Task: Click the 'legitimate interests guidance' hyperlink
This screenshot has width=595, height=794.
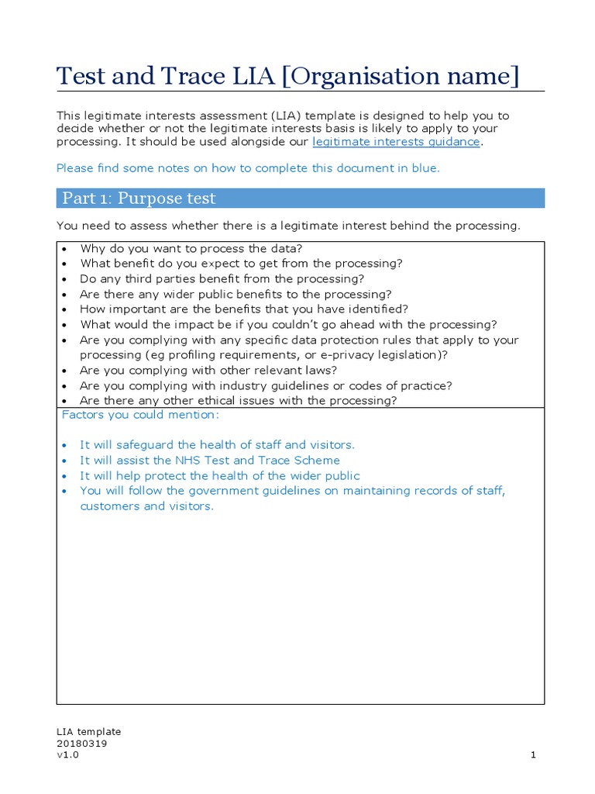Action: point(396,142)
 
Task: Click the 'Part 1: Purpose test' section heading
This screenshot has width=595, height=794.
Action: point(139,198)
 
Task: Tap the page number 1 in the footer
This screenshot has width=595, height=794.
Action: point(534,755)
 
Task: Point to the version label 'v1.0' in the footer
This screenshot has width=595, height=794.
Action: point(67,755)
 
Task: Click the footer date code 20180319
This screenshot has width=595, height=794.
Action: point(81,744)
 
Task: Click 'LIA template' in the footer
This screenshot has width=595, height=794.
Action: point(88,731)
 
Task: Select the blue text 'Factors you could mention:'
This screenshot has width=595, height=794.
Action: point(140,415)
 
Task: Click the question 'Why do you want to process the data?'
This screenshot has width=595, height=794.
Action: point(191,249)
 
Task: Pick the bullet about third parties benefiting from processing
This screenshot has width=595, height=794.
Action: point(222,279)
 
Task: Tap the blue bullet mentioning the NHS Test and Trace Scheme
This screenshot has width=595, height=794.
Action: point(209,461)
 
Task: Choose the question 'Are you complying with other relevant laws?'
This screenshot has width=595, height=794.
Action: point(208,371)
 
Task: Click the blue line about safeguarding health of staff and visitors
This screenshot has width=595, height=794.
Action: point(217,445)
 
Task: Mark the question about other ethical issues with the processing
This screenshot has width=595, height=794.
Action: point(238,401)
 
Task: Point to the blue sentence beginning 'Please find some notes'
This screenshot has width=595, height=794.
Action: point(248,168)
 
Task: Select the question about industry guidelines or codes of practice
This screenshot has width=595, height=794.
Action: point(266,386)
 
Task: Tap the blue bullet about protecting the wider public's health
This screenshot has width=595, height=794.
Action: point(219,476)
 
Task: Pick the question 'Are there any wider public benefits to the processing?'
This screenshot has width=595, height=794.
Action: point(236,295)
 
